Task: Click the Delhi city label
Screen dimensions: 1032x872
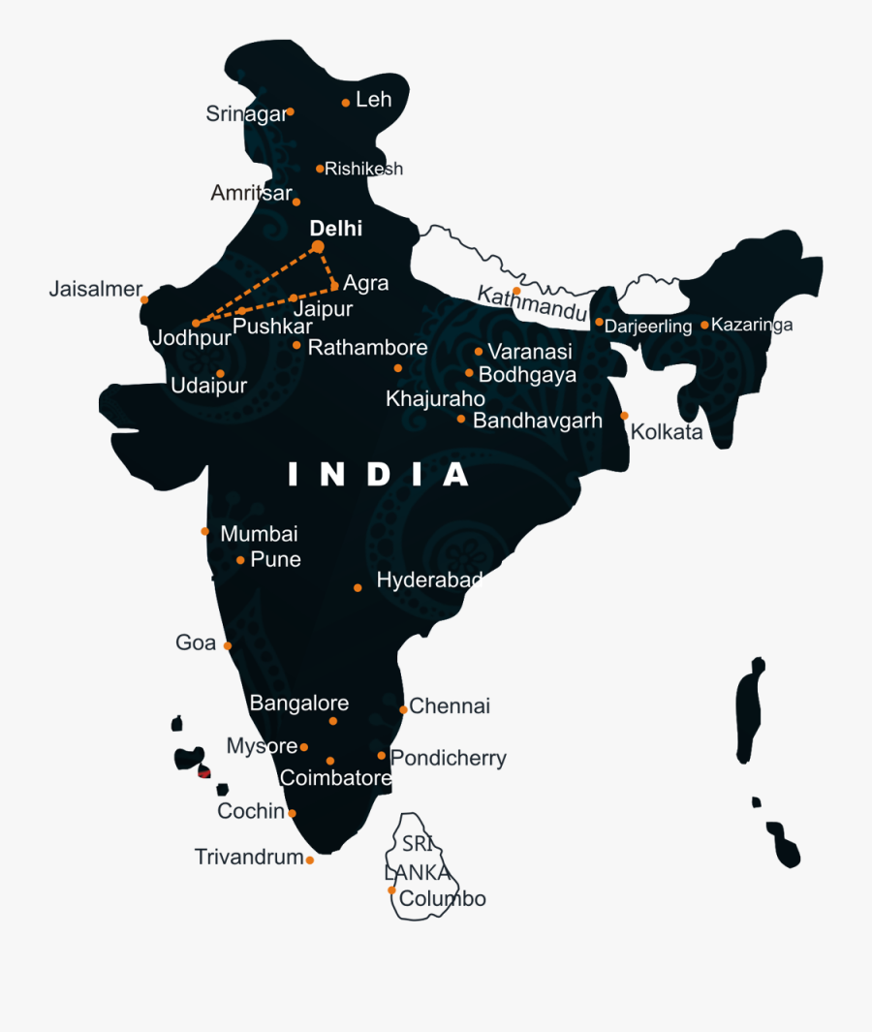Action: pyautogui.click(x=335, y=230)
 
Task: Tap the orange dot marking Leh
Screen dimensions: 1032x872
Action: pyautogui.click(x=346, y=103)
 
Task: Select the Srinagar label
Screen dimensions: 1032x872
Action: pyautogui.click(x=246, y=114)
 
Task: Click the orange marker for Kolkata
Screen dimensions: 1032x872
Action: pyautogui.click(x=624, y=415)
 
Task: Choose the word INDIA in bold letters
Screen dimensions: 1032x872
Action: pyautogui.click(x=379, y=475)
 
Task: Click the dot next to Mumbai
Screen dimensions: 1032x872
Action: pyautogui.click(x=204, y=531)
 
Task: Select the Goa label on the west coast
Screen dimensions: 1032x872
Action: pyautogui.click(x=196, y=643)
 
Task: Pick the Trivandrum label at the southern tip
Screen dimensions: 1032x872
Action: pyautogui.click(x=249, y=858)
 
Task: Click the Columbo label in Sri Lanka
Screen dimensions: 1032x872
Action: pyautogui.click(x=443, y=899)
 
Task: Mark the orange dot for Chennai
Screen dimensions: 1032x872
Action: pyautogui.click(x=403, y=709)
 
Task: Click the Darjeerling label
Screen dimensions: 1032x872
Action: pyautogui.click(x=648, y=327)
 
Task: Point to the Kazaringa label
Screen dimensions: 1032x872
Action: pyautogui.click(x=752, y=325)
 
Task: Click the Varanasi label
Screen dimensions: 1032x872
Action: pyautogui.click(x=530, y=353)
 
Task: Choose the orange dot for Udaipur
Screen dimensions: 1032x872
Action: pyautogui.click(x=220, y=373)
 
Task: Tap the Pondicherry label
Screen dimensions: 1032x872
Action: pyautogui.click(x=448, y=759)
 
